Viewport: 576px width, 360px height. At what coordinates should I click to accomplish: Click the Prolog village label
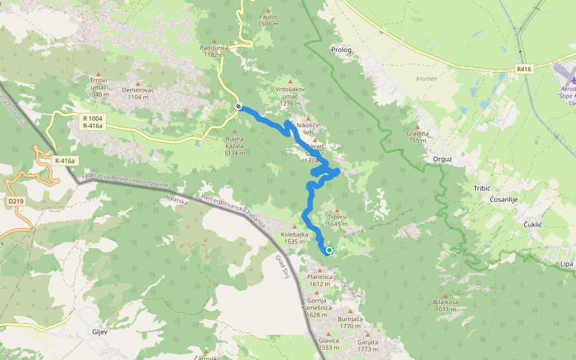tap(341, 49)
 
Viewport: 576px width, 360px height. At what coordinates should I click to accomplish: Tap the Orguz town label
tap(442, 160)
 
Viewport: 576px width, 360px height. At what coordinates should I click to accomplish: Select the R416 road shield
tap(524, 70)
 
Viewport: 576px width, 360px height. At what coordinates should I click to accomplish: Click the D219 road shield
tap(16, 200)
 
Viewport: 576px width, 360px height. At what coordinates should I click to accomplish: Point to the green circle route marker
tap(329, 250)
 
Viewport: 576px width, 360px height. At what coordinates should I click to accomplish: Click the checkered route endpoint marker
tap(239, 107)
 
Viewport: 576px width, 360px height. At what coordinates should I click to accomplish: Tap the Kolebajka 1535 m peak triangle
tap(294, 227)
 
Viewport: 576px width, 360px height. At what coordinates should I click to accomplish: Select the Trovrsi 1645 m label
tap(338, 220)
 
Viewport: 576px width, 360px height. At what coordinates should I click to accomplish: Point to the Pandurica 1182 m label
tap(214, 50)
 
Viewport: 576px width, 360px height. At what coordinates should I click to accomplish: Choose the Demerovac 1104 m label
tap(138, 93)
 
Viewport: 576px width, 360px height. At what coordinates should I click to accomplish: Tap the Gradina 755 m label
tap(418, 137)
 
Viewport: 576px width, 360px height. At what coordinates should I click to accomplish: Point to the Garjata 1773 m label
tap(367, 346)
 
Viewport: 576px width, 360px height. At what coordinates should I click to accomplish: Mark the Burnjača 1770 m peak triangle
tap(350, 311)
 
